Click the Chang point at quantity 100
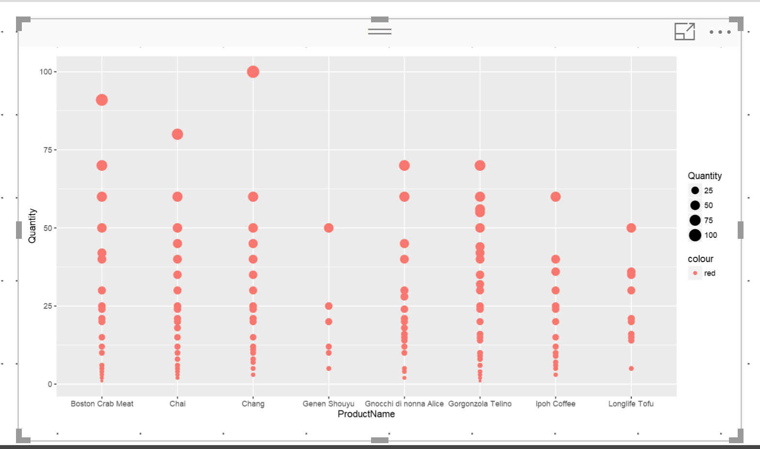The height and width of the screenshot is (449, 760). pos(253,72)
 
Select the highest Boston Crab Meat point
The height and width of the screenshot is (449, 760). pos(102,100)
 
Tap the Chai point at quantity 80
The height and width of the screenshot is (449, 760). pos(178,134)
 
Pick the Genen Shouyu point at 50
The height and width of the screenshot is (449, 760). pos(329,228)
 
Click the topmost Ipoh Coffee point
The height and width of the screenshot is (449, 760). pos(556,197)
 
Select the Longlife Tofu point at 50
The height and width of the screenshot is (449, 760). pos(631,228)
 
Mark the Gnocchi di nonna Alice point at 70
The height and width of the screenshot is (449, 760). pos(404,166)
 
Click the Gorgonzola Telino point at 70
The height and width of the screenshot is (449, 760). pos(480,166)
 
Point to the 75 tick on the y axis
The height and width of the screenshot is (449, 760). pos(48,150)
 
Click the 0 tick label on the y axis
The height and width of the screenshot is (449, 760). pos(49,384)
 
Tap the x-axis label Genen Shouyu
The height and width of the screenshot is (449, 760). pos(328,404)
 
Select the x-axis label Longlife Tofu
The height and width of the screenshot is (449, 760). pos(631,404)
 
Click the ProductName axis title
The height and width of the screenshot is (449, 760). pos(366,414)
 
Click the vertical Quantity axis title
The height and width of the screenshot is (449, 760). pos(32,226)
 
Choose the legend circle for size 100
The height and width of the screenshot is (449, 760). pos(695,235)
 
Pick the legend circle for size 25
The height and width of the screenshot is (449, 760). pos(695,190)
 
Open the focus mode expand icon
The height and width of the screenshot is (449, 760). pos(685,32)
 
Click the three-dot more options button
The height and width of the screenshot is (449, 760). pos(720,32)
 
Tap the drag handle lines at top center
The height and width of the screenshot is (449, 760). pos(380,32)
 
